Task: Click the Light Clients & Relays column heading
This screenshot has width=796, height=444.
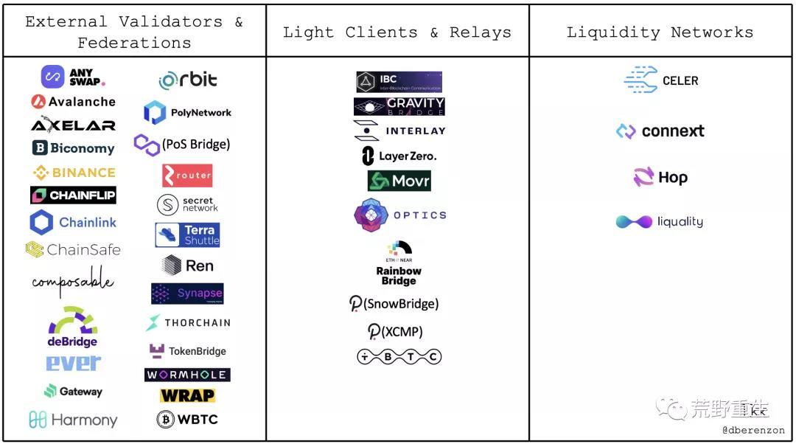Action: coord(397,32)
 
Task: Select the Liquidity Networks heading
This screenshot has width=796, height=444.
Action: coord(660,32)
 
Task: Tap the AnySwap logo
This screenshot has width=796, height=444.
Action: coord(73,77)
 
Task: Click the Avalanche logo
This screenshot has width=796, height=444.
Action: coord(73,102)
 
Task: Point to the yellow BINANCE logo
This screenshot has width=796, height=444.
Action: coord(74,173)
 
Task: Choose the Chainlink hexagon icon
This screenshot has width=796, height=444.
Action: coord(41,222)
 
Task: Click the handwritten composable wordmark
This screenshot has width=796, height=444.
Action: coord(73,283)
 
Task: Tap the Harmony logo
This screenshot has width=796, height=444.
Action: coord(73,420)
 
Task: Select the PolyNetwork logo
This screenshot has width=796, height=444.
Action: coord(187,113)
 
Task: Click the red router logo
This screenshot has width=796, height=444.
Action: coord(187,176)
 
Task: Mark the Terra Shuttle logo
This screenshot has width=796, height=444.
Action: coord(187,235)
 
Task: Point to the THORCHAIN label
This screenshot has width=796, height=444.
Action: coord(197,323)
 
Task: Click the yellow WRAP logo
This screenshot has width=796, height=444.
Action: coord(187,395)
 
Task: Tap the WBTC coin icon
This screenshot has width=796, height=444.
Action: coord(166,420)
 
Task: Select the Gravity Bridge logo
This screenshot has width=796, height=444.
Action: coord(399,107)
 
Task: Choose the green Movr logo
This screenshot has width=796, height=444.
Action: coord(399,181)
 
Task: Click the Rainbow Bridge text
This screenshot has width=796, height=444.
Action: coord(399,276)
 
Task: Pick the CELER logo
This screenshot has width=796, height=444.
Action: coord(661,80)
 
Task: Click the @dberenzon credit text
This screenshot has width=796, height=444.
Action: coord(753,430)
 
